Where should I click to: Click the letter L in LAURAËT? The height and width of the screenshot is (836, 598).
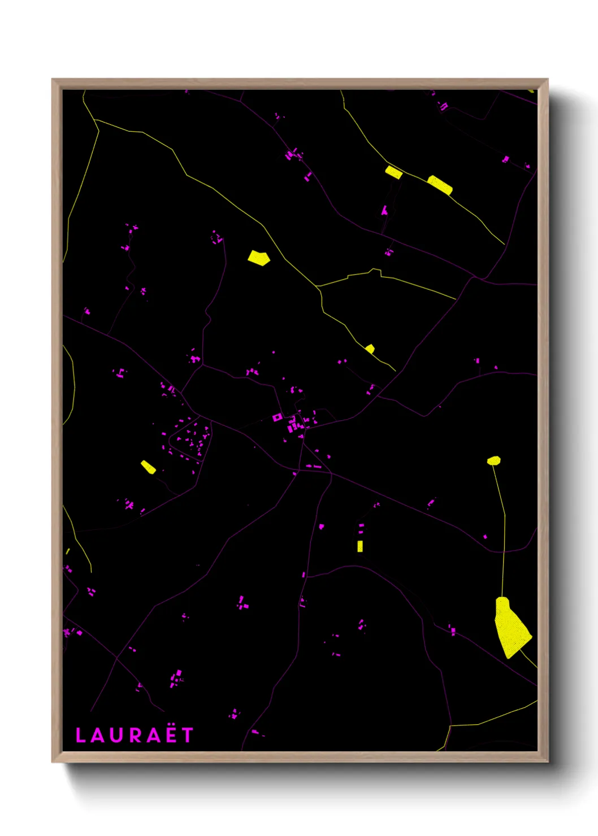coord(81,735)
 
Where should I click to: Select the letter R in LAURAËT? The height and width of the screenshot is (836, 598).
coord(136,735)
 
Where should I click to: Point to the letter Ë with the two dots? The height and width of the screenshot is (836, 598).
coord(171,734)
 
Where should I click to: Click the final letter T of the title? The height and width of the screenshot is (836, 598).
coord(188,735)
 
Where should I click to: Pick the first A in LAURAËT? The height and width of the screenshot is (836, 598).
coord(99,735)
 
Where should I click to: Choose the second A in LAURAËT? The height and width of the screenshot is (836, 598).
coord(154,735)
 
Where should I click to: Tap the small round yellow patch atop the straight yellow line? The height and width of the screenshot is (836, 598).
coord(494,460)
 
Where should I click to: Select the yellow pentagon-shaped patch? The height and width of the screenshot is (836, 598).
coord(259,258)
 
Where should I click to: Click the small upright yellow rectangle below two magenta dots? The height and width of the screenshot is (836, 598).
coord(360,546)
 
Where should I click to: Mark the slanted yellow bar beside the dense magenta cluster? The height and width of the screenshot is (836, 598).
coord(148,467)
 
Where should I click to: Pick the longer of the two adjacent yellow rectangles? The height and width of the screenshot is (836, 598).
coord(439,185)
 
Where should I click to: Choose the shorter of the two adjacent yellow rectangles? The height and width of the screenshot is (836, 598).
coord(393,172)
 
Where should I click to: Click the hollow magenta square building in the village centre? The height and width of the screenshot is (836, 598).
coord(277,417)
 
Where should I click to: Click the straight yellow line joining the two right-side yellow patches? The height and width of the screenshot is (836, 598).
coord(502,531)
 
